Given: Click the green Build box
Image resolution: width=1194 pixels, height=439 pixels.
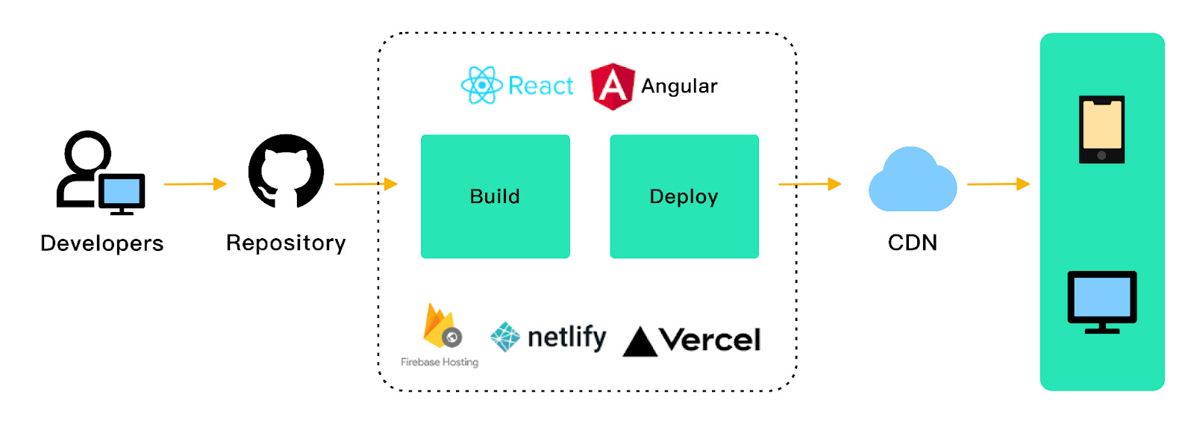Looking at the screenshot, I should point(495,196).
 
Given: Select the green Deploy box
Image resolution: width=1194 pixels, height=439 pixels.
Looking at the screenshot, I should point(684,196).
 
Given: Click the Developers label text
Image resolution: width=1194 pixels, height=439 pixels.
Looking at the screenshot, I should point(101,243).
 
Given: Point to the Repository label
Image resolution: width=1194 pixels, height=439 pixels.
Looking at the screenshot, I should point(286,243).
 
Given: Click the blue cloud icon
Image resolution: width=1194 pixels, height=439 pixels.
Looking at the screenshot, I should point(912,181).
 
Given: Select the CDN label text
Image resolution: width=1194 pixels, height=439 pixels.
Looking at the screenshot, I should point(912,243).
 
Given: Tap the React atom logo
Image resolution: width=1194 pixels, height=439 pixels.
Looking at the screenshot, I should point(481,85).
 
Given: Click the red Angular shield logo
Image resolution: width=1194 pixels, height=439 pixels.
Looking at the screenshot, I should point(612,86).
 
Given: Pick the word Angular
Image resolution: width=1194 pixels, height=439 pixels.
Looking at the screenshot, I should point(679,86).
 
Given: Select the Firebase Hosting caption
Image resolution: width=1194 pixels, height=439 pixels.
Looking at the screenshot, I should point(440,362).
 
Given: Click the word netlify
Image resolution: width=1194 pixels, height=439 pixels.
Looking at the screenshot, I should point(566,337).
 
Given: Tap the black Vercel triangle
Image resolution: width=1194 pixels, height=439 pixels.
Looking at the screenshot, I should point(640,343).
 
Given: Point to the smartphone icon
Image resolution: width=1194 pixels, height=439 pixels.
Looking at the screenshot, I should point(1101,129).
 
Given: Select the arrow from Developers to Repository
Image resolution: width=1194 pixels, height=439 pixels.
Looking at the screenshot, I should point(195,184).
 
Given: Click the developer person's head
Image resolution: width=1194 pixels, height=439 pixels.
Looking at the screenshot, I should point(87,152).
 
